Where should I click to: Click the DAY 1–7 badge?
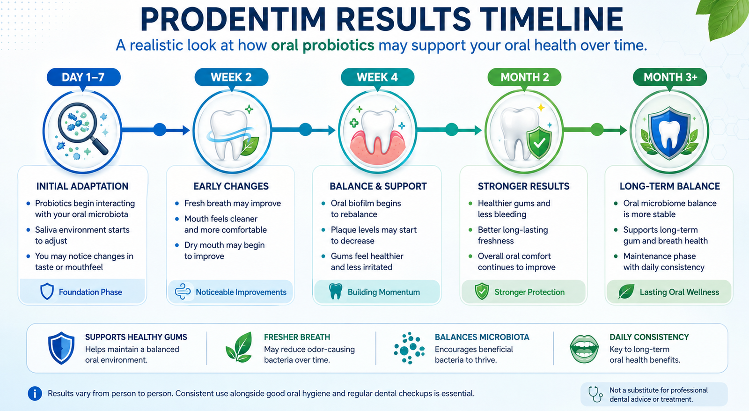click(x=84, y=77)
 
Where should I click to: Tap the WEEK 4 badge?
click(x=377, y=77)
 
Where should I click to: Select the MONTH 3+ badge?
click(x=670, y=77)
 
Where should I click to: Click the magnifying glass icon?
click(x=82, y=128)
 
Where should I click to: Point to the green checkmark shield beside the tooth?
click(x=539, y=142)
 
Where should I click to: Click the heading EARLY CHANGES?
click(x=231, y=186)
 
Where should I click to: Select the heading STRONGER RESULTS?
click(x=524, y=186)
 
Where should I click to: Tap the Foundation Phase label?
click(x=90, y=292)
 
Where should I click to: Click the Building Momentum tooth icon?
click(x=335, y=292)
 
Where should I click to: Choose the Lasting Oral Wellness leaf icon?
click(x=626, y=292)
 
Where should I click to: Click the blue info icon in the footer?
click(x=35, y=394)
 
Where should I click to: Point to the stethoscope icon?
click(x=595, y=394)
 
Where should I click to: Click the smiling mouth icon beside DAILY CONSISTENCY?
click(x=584, y=349)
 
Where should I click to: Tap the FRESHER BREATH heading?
click(x=297, y=337)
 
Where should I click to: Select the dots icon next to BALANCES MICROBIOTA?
click(x=409, y=348)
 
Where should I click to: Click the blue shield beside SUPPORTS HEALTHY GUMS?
click(x=61, y=348)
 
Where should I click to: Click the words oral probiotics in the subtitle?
click(x=323, y=45)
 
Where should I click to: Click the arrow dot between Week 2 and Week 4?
click(x=305, y=129)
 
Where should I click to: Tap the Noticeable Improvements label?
click(x=241, y=292)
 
